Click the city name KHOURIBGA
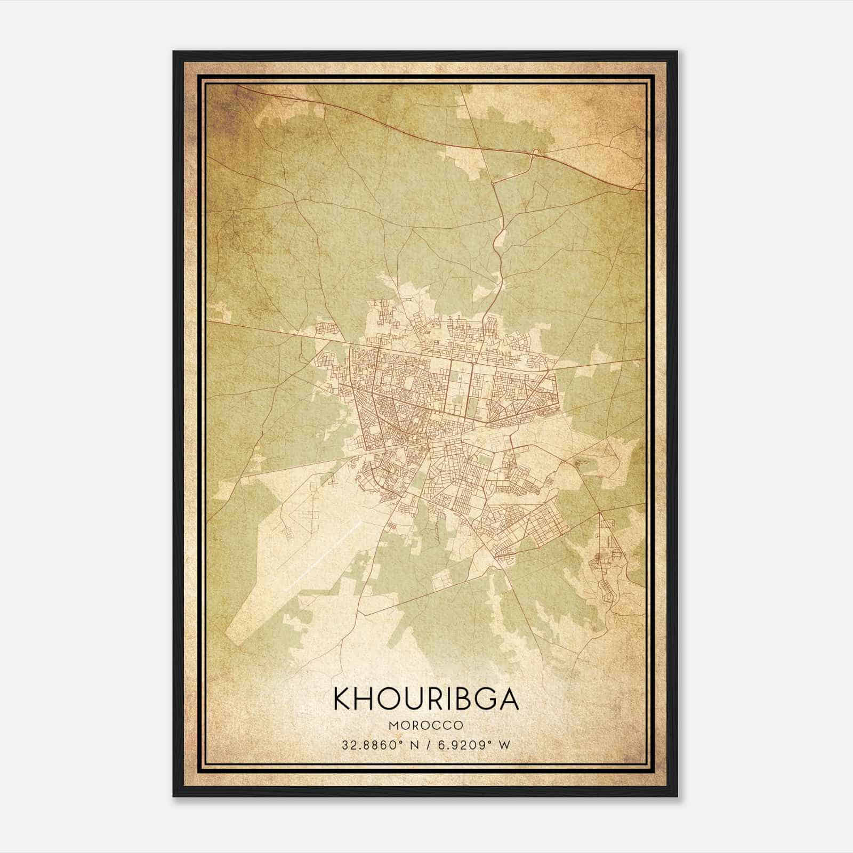click(426, 699)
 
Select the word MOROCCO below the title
click(426, 726)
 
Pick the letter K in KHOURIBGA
click(343, 699)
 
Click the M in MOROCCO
click(393, 726)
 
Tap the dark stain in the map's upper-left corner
click(227, 104)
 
